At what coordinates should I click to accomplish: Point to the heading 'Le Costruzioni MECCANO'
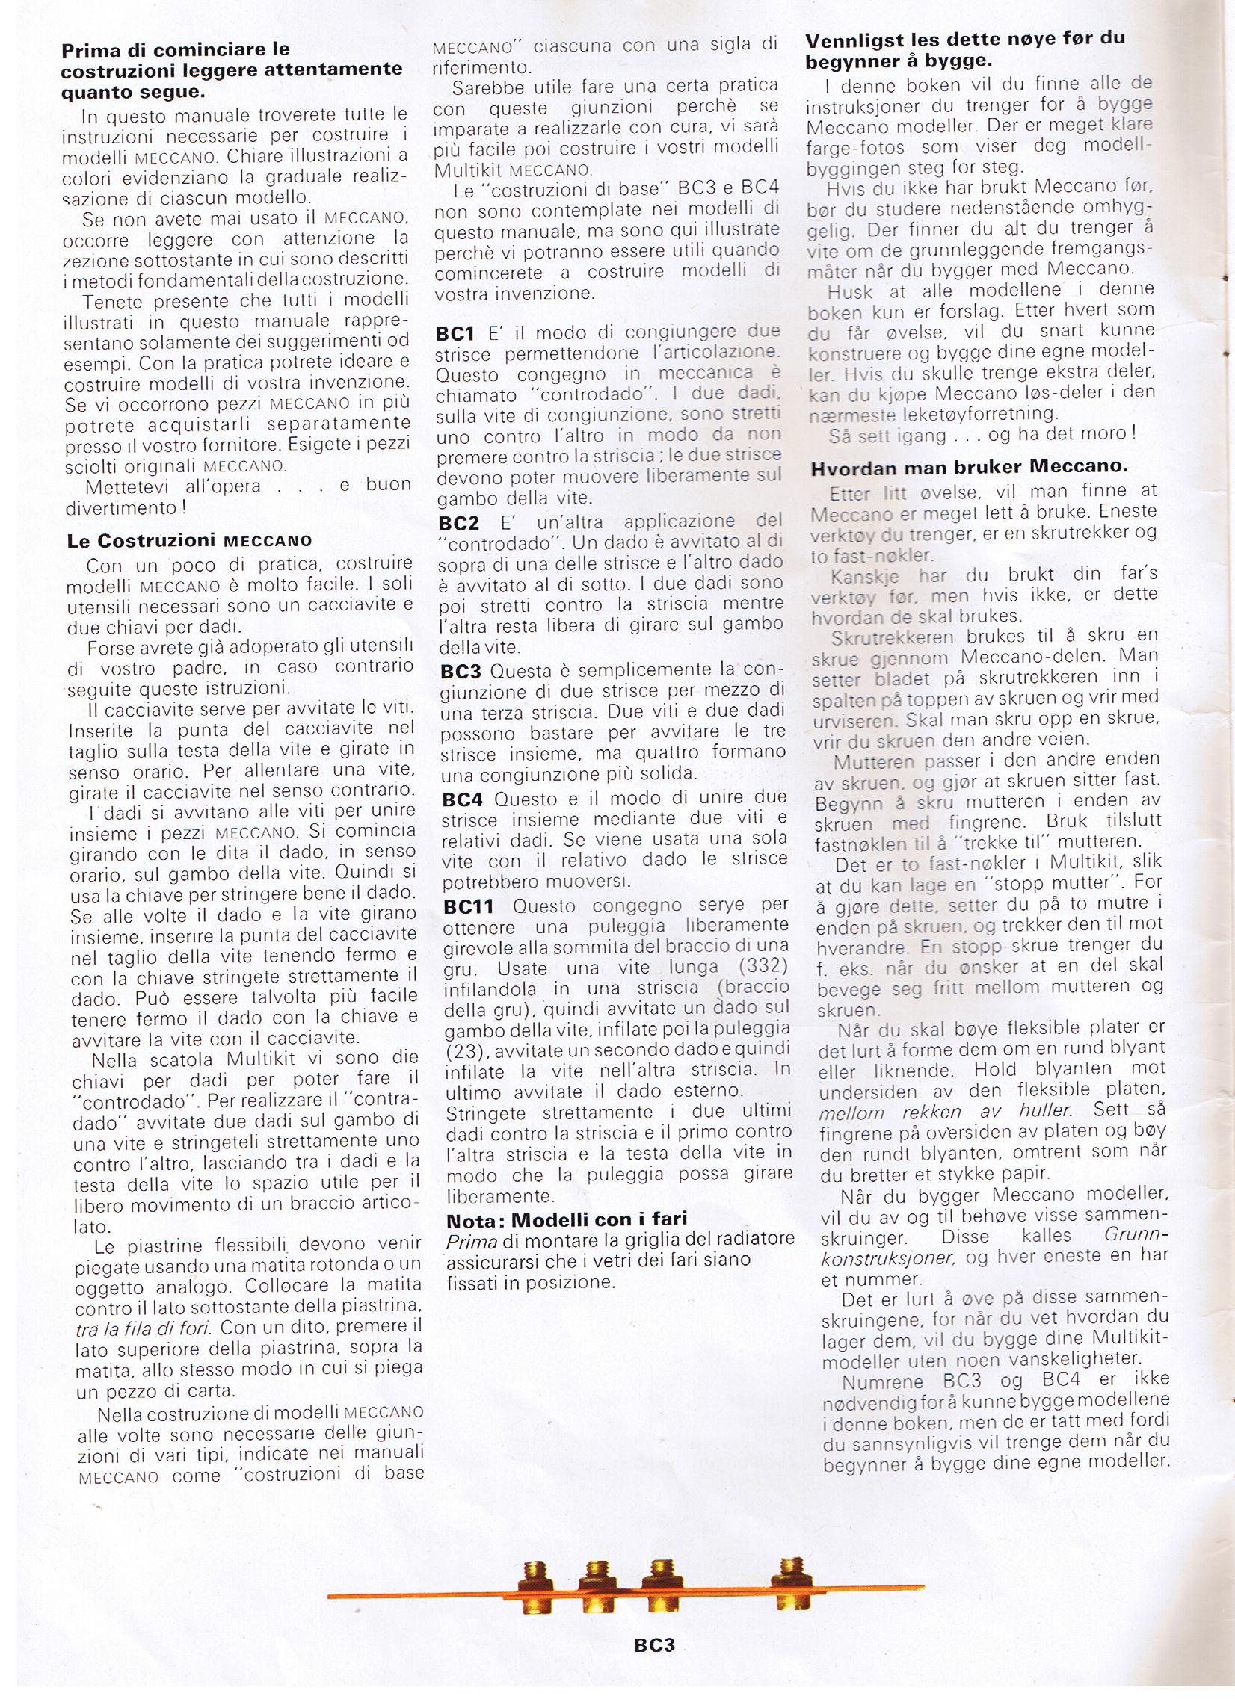coord(189,541)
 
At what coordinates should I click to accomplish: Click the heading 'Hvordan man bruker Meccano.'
coord(969,467)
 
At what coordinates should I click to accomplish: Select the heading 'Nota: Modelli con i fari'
coord(567,1219)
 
